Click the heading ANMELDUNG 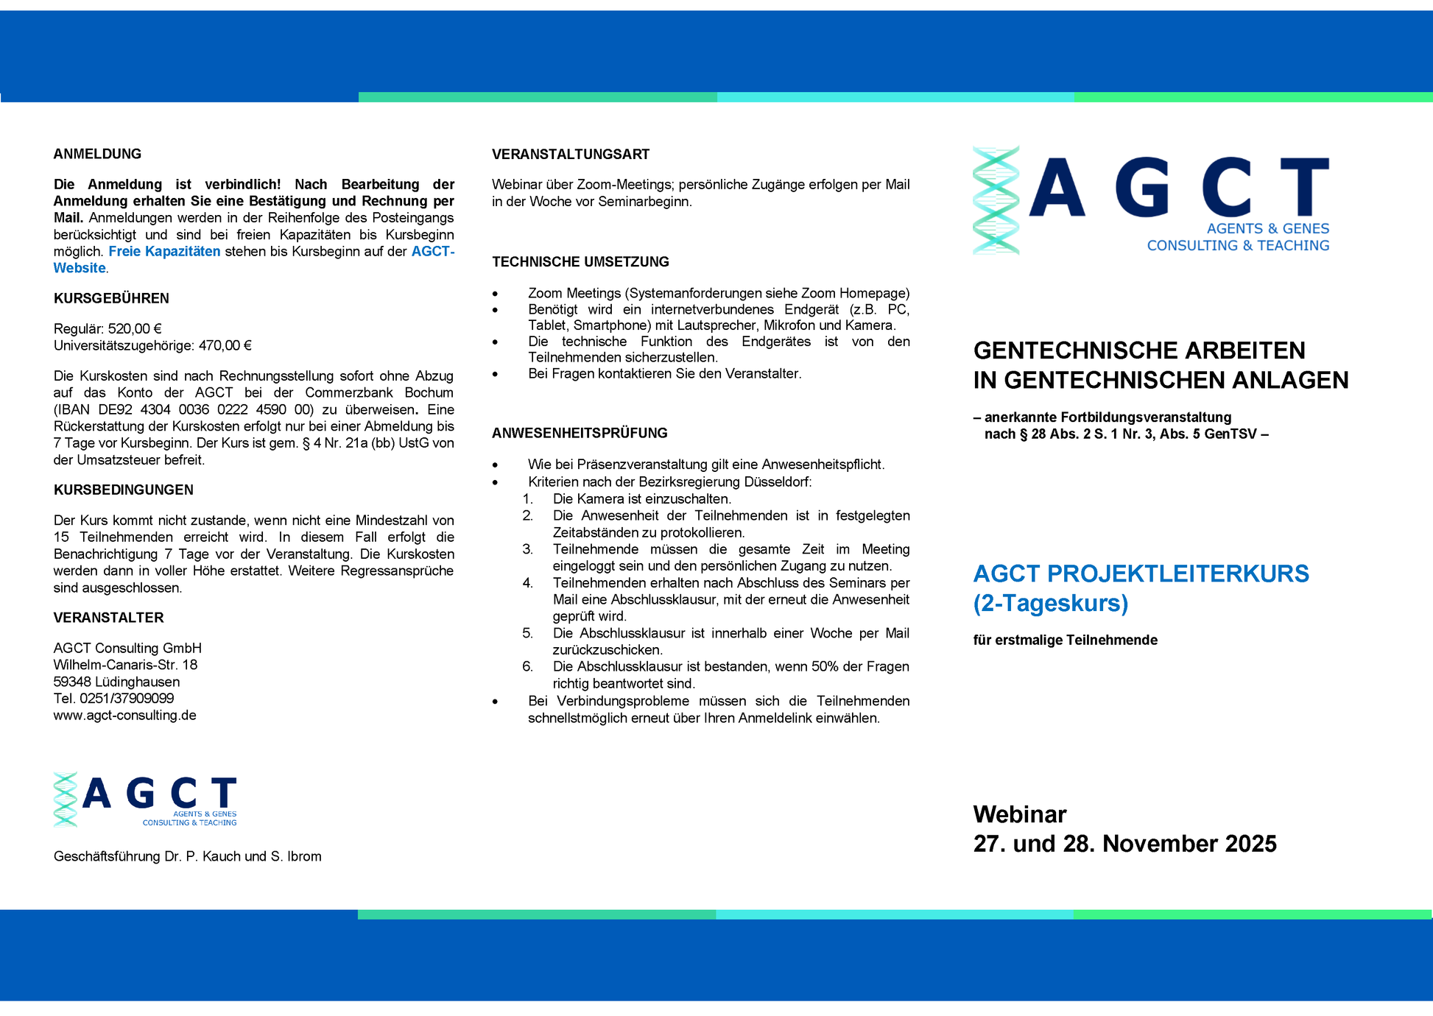coord(97,154)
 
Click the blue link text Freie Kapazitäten coord(164,252)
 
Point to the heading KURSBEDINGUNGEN coord(123,490)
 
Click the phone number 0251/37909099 coord(127,699)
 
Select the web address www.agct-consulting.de coord(124,716)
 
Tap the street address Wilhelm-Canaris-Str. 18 coord(125,665)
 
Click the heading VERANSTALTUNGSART coord(571,155)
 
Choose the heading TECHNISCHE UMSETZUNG coord(580,262)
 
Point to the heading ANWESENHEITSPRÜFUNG coord(580,434)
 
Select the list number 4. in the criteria coord(527,583)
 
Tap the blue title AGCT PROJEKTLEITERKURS coord(1141,574)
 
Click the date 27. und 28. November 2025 coord(1124,844)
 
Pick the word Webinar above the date coord(1019,814)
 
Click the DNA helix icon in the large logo coord(996,200)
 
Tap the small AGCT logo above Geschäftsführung coord(145,800)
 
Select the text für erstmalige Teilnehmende coord(1065,641)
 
